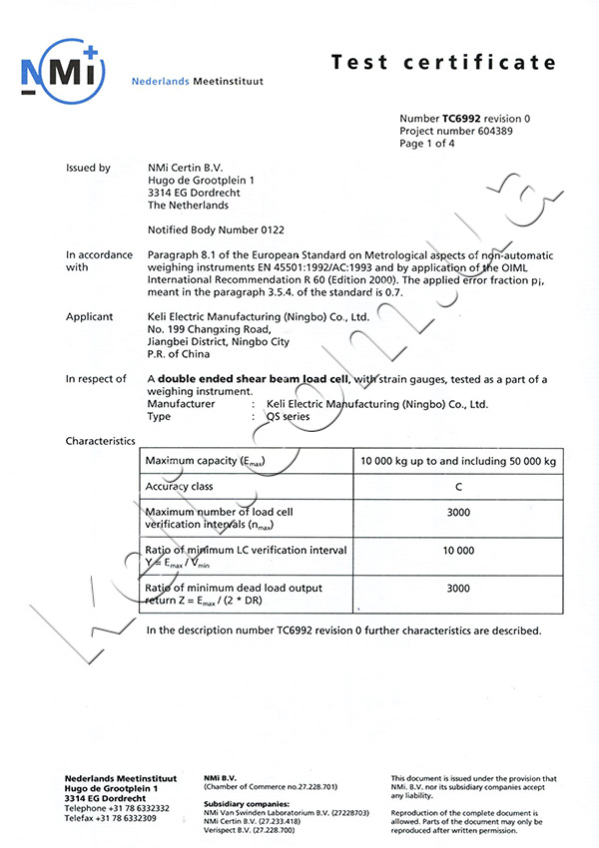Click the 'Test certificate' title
coord(443,62)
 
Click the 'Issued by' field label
coord(88,169)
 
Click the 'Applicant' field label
coord(89,317)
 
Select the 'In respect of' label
coord(96,379)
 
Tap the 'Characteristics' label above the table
coord(100,440)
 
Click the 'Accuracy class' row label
coord(180,487)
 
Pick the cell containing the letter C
coord(457,487)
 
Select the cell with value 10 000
coord(457,550)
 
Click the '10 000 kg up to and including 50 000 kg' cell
coord(457,460)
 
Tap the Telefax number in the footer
coord(110,818)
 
